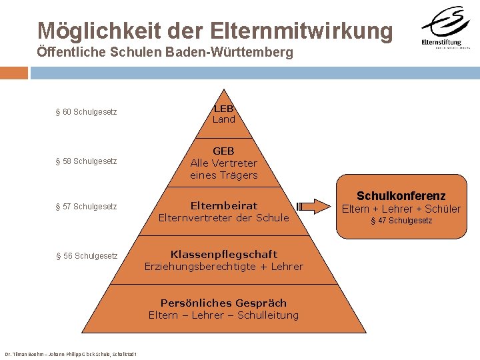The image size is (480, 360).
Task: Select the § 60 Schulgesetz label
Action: pyautogui.click(x=86, y=112)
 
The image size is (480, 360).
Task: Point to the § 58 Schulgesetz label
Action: pyautogui.click(x=86, y=161)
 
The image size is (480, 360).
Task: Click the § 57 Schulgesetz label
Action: pyautogui.click(x=86, y=207)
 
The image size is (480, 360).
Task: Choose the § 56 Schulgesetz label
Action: pyautogui.click(x=86, y=256)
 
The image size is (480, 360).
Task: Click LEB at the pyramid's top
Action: pyautogui.click(x=224, y=108)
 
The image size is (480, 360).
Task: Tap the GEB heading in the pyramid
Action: pyautogui.click(x=224, y=151)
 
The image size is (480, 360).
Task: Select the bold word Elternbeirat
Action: pyautogui.click(x=224, y=205)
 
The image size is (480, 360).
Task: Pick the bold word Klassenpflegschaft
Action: pyautogui.click(x=224, y=254)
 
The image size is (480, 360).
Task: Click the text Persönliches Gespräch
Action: pyautogui.click(x=224, y=303)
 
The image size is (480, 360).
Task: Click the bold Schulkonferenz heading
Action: pyautogui.click(x=401, y=196)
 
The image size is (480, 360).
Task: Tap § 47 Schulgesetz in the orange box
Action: pyautogui.click(x=401, y=221)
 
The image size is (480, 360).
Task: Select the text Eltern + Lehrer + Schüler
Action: pyautogui.click(x=401, y=209)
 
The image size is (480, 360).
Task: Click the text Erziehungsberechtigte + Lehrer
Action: pyautogui.click(x=224, y=267)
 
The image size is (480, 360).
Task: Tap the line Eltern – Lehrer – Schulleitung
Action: pyautogui.click(x=224, y=315)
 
